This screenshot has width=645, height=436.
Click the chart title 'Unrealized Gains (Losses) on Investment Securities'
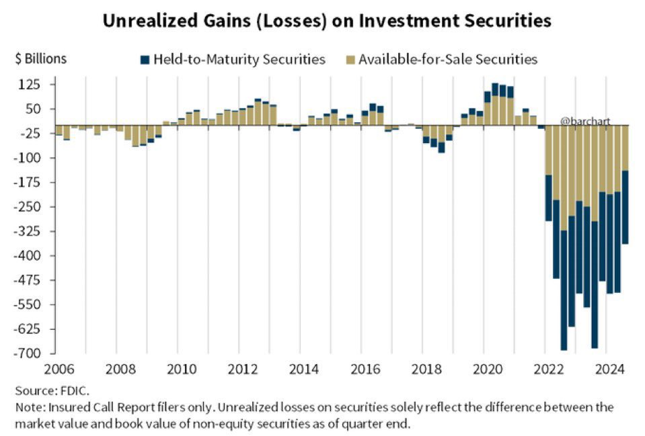(x=327, y=21)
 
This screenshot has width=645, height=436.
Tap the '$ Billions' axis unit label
(x=41, y=58)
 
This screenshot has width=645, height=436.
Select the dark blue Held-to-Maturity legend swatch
(x=145, y=60)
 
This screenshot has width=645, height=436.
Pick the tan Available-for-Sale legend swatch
(x=350, y=60)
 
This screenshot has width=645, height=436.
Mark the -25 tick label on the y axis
(x=32, y=134)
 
